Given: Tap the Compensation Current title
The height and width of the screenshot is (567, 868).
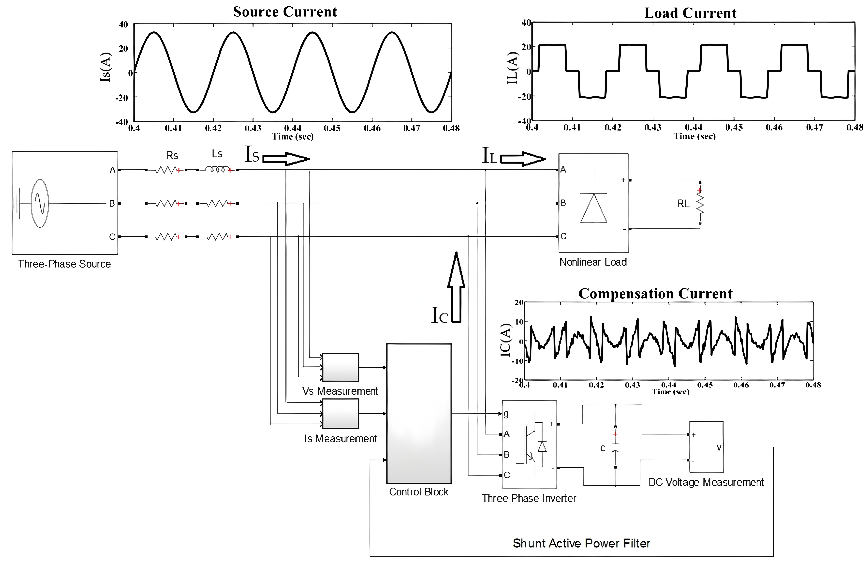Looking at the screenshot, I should click(x=655, y=294).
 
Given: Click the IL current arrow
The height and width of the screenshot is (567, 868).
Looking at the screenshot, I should click(x=523, y=159).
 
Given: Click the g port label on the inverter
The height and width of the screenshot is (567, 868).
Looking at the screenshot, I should click(x=506, y=414).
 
